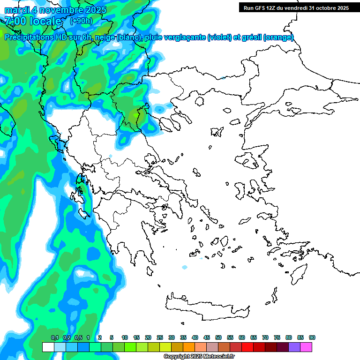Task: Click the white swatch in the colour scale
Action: click(x=48, y=347)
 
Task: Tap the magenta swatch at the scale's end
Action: click(x=306, y=347)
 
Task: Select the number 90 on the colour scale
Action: click(x=312, y=337)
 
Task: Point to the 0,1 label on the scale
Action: click(x=54, y=337)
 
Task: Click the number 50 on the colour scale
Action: click(x=218, y=337)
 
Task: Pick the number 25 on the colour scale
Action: click(x=160, y=337)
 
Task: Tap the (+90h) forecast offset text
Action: click(x=81, y=21)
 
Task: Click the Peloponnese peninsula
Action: click(x=131, y=234)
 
